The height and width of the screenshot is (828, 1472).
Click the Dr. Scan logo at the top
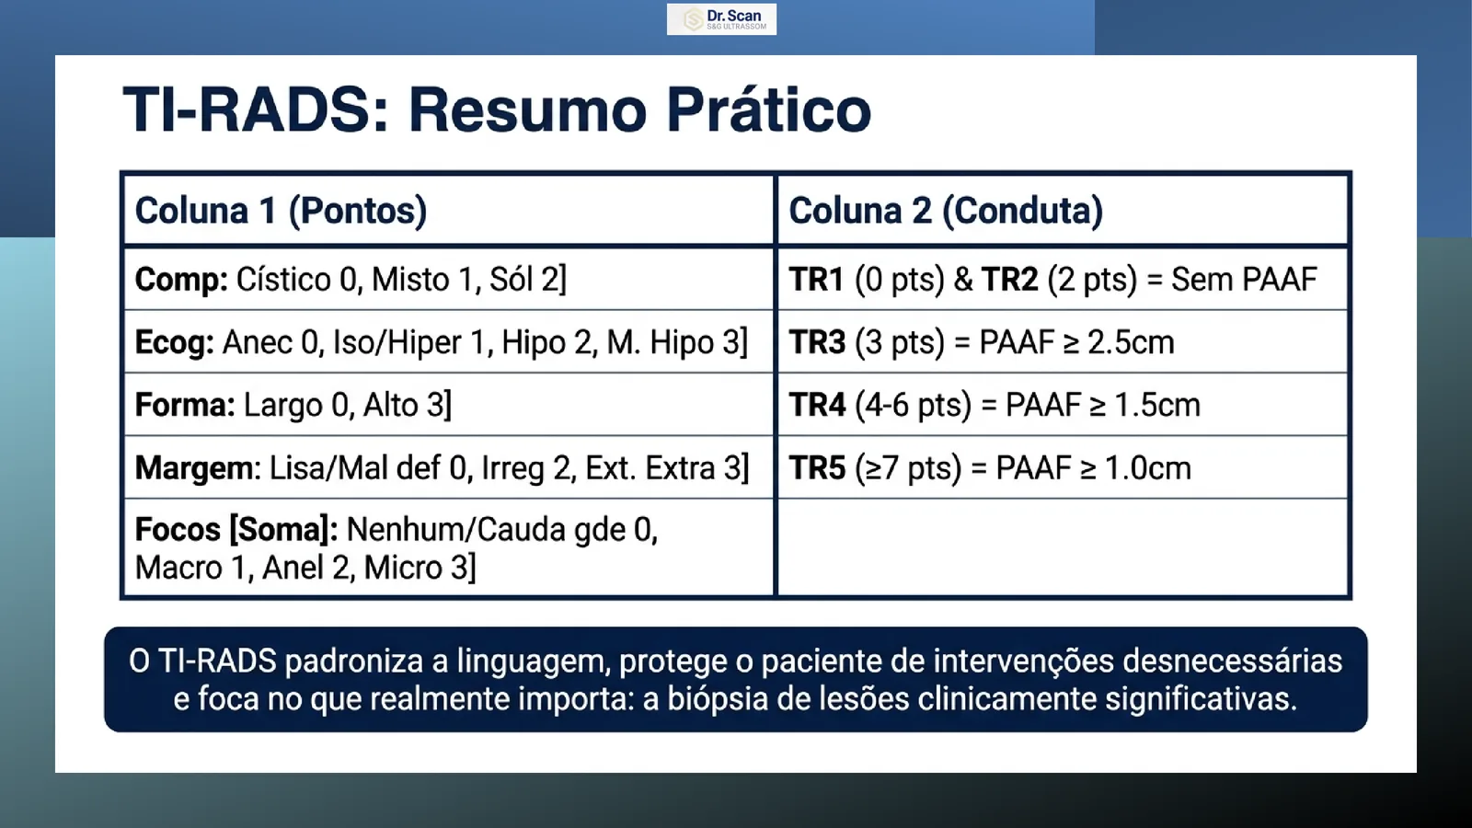(x=721, y=19)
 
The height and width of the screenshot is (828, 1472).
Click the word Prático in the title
(x=769, y=109)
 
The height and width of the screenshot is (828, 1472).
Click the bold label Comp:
(x=181, y=280)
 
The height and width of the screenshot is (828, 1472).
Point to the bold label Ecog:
(x=174, y=342)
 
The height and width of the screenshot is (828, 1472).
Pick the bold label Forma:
(x=185, y=405)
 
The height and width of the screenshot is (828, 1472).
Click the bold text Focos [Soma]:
(x=236, y=530)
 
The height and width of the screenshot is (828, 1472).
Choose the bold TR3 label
(x=817, y=342)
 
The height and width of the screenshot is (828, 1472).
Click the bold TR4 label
(x=817, y=405)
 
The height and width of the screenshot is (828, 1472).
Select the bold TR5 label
(x=817, y=468)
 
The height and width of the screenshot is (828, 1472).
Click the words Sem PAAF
(x=1244, y=280)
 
